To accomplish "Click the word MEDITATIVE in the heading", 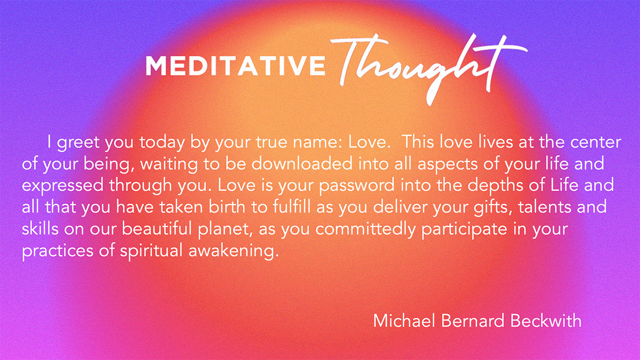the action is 235,65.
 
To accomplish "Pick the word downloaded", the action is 302,163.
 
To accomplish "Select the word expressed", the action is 62,185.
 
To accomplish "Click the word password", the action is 356,185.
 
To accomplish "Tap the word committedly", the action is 365,229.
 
